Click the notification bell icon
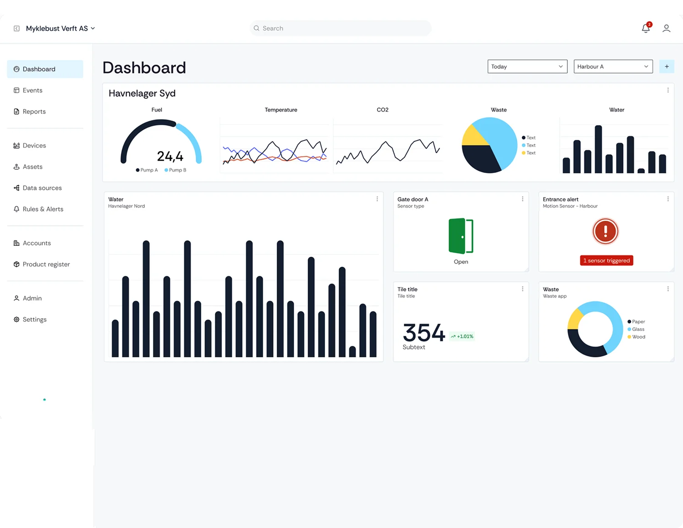click(646, 28)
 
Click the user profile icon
click(666, 28)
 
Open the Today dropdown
click(527, 66)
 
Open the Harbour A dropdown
click(613, 66)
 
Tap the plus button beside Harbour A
click(667, 66)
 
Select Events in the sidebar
click(32, 91)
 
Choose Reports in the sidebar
click(34, 112)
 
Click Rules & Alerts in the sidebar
click(43, 209)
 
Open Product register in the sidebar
click(46, 264)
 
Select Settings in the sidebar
click(34, 320)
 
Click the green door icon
click(461, 236)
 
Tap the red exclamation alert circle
click(605, 231)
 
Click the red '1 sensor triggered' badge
click(606, 260)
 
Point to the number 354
click(423, 333)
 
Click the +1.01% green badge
click(462, 336)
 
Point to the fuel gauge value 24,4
click(170, 157)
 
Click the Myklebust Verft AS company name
click(57, 28)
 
